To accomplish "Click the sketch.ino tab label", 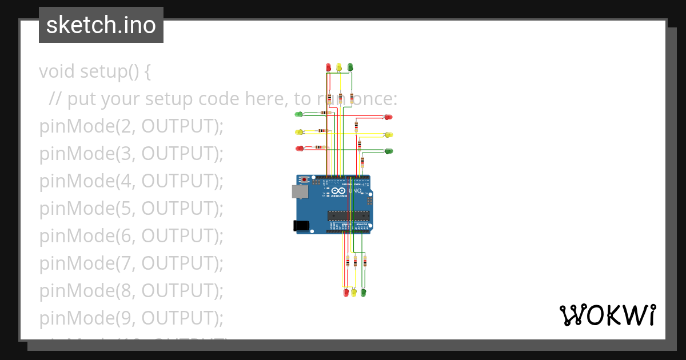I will (x=101, y=25).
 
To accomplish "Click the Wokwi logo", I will (x=607, y=315).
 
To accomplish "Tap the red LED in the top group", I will (x=328, y=67).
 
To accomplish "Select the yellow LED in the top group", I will (x=339, y=67).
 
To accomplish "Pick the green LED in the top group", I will (x=350, y=67).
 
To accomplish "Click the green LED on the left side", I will (x=298, y=114).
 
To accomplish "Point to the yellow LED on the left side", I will (x=298, y=132).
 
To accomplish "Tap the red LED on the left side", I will (x=299, y=149).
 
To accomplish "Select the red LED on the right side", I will (x=389, y=117).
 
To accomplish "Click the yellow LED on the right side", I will (x=389, y=135).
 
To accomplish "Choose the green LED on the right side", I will (x=389, y=151).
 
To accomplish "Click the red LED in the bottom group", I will (x=346, y=293).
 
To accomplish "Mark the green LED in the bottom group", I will (x=363, y=293).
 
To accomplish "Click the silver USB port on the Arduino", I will (x=300, y=191).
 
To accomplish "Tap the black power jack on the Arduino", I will (x=301, y=226).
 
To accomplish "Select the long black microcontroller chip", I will (x=348, y=215).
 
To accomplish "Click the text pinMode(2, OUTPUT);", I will (x=131, y=126).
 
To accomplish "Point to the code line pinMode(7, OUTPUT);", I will (x=131, y=263).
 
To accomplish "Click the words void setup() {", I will (x=95, y=72).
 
